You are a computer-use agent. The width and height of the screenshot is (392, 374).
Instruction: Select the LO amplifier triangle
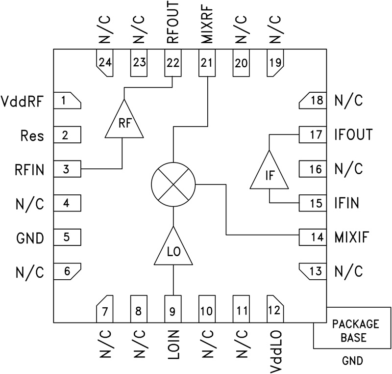(173, 248)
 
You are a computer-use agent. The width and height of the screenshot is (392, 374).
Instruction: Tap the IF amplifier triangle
(269, 172)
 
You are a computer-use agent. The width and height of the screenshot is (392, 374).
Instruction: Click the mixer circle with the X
(173, 185)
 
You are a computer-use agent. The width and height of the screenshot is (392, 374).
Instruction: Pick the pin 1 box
(67, 101)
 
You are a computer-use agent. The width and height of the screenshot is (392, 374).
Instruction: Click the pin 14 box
(312, 238)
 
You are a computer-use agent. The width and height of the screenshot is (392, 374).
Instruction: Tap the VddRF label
(23, 102)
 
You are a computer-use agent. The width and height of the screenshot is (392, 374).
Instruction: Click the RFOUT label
(173, 23)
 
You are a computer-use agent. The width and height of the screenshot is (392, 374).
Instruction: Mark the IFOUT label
(353, 134)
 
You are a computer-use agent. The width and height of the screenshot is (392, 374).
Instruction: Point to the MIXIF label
(351, 238)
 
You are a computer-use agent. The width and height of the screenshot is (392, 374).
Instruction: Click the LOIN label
(173, 347)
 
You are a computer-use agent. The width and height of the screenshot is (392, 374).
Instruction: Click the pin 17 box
(312, 134)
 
